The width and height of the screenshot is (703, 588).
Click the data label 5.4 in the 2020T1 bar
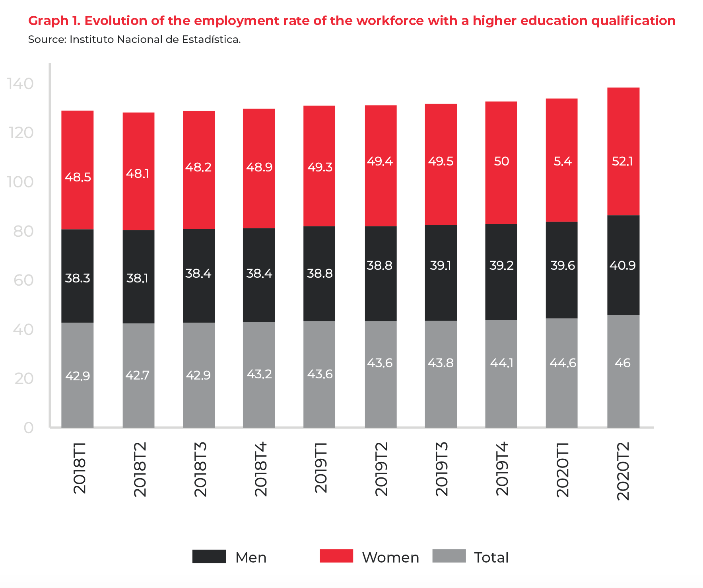pyautogui.click(x=562, y=161)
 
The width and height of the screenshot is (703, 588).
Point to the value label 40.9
pyautogui.click(x=623, y=265)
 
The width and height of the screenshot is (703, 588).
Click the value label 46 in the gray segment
pyautogui.click(x=623, y=363)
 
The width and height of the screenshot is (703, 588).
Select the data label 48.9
pyautogui.click(x=259, y=167)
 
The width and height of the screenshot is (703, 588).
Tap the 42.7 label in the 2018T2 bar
pyautogui.click(x=138, y=375)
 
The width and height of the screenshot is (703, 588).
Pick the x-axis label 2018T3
pyautogui.click(x=200, y=469)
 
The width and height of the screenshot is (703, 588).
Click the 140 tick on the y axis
pyautogui.click(x=21, y=84)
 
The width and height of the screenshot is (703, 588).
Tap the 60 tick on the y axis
pyautogui.click(x=23, y=280)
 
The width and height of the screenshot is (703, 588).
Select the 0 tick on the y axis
pyautogui.click(x=29, y=428)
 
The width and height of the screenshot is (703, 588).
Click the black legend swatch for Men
pyautogui.click(x=209, y=556)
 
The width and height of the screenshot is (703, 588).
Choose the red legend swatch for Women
pyautogui.click(x=336, y=556)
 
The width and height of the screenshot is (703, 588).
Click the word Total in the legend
pyautogui.click(x=491, y=557)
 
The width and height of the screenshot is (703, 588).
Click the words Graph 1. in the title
pyautogui.click(x=54, y=21)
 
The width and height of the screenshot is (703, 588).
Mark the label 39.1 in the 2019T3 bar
pyautogui.click(x=441, y=265)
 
